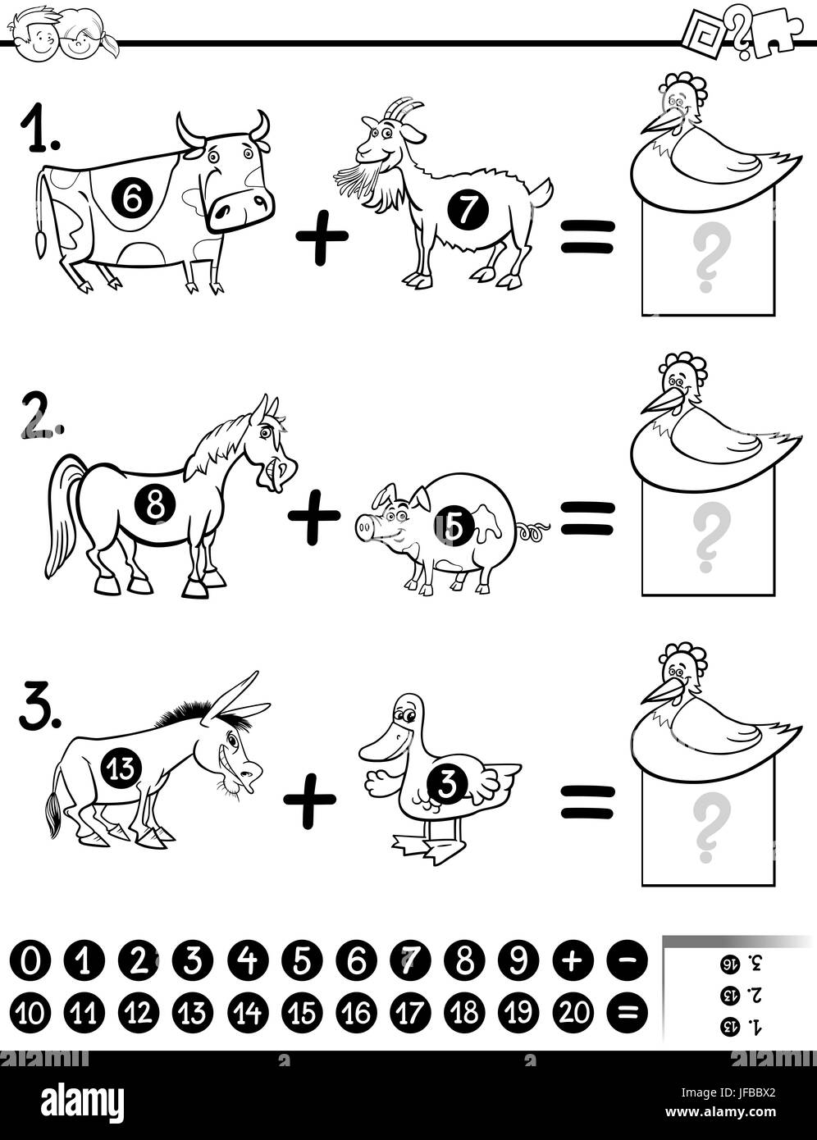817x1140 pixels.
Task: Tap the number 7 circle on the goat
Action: [x=468, y=211]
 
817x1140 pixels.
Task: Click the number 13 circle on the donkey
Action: [x=121, y=768]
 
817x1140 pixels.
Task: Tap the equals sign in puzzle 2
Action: [x=587, y=518]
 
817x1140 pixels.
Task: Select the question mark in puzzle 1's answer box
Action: [x=710, y=259]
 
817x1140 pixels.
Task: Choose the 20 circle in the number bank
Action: [x=573, y=1014]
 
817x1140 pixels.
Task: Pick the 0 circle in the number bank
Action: [x=30, y=960]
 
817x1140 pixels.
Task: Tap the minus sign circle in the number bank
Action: [x=627, y=960]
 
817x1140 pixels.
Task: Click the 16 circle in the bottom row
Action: [x=357, y=1014]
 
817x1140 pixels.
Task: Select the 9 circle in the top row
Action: [x=518, y=960]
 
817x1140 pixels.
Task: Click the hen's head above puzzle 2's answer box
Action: [x=679, y=377]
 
